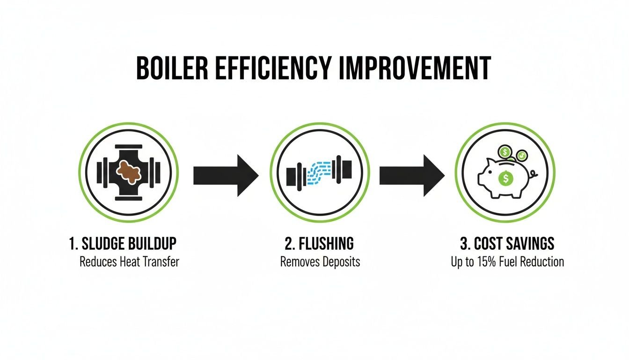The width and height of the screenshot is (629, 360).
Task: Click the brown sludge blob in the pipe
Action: click(128, 172)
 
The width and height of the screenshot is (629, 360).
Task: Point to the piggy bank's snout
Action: click(481, 180)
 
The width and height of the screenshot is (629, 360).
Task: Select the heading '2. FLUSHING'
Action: click(320, 244)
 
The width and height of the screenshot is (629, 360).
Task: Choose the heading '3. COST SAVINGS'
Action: click(507, 244)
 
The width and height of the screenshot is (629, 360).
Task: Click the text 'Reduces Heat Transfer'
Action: click(129, 262)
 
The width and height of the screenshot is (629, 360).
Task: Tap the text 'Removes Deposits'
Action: click(320, 262)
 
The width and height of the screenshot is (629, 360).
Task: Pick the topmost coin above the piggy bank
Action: click(505, 152)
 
